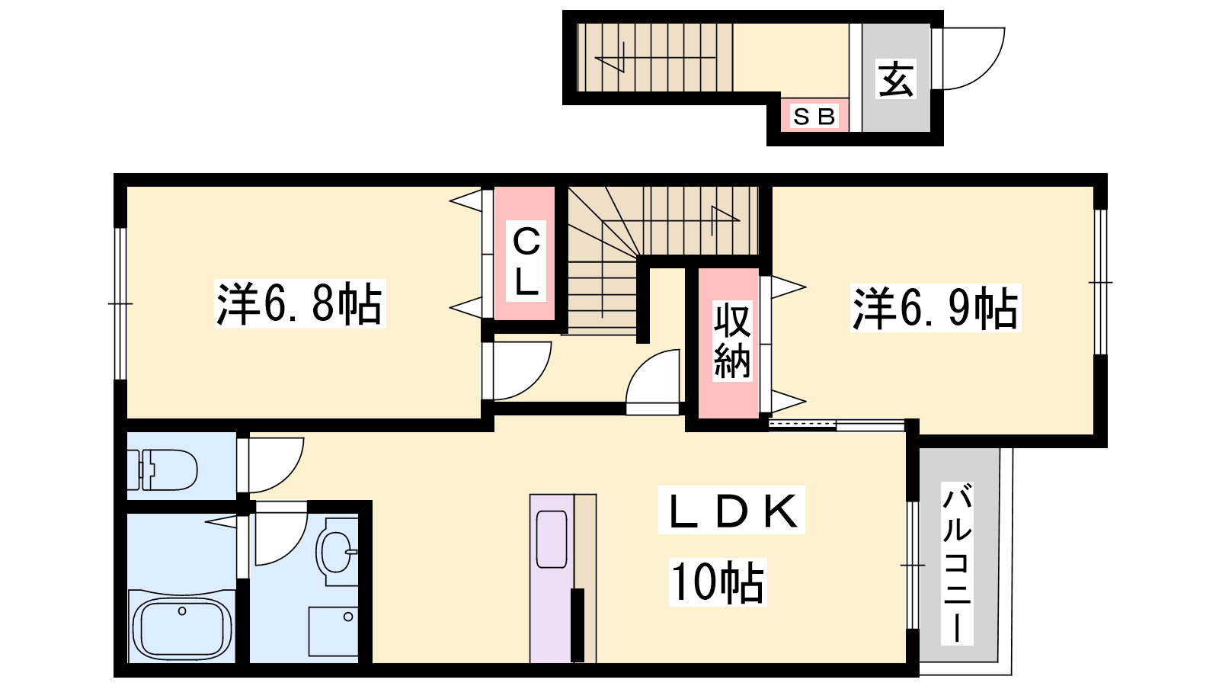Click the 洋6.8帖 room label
(x=300, y=304)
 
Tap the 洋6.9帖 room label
(x=936, y=308)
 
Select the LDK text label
(x=731, y=510)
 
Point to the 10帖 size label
(x=718, y=582)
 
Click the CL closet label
(x=526, y=261)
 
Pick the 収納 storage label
(x=732, y=341)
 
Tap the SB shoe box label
(x=814, y=117)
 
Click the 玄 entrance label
(x=896, y=79)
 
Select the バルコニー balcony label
(x=957, y=563)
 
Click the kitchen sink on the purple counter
(x=552, y=539)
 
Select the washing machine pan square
(x=333, y=632)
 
